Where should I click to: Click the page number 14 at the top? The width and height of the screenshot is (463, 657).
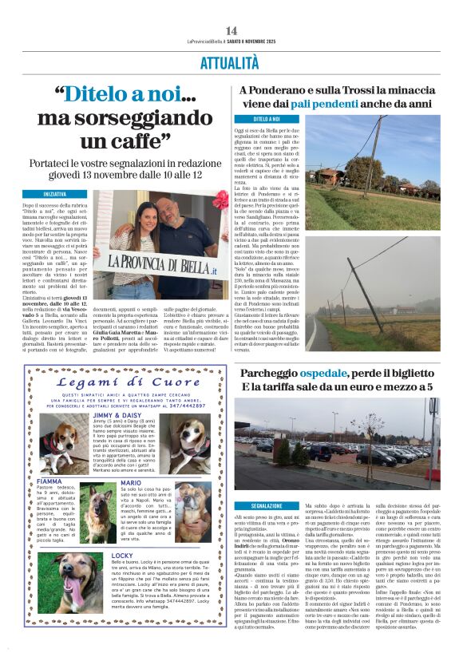231,30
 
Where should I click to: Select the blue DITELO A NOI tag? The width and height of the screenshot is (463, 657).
249,119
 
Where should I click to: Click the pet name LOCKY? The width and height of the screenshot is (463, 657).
101,554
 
